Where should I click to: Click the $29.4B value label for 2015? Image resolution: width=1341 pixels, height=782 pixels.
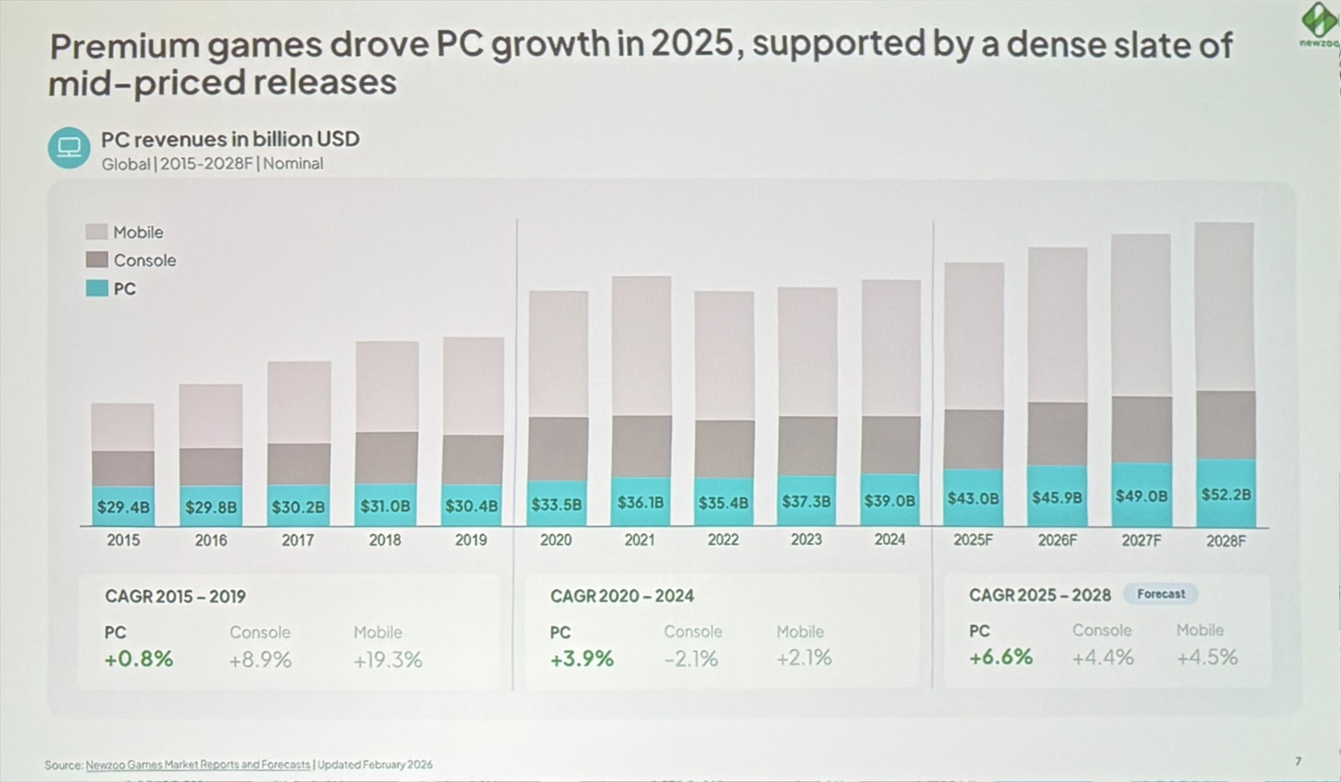[123, 507]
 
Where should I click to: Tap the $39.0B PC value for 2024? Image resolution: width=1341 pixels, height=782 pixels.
[889, 501]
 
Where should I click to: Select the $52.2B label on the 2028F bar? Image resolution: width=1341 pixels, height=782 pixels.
[1226, 495]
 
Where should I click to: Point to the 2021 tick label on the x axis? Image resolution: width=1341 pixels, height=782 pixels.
[639, 540]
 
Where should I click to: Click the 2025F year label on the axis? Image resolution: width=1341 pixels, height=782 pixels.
[973, 540]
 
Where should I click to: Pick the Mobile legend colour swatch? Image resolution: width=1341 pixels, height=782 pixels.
[96, 232]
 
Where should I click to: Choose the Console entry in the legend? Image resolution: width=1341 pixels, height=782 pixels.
[145, 261]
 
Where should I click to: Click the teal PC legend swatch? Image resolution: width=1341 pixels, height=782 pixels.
[96, 289]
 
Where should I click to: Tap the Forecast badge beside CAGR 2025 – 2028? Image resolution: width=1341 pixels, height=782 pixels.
[1160, 594]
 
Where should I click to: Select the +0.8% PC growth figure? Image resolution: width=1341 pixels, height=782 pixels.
[138, 659]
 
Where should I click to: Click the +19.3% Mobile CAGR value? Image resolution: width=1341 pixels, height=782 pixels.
[388, 660]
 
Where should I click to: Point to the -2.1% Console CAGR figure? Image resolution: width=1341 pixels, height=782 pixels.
[691, 658]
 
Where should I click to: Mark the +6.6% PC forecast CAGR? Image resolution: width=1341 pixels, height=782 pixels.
[1000, 657]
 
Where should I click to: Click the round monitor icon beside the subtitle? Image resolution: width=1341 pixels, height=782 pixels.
[69, 147]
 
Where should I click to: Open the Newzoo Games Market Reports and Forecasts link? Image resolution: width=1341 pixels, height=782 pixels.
[198, 765]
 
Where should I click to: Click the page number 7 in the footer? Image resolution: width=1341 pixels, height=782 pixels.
[1298, 761]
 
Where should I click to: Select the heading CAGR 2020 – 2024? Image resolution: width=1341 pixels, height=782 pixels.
[622, 596]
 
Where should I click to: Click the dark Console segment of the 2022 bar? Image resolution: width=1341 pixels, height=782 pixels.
[724, 449]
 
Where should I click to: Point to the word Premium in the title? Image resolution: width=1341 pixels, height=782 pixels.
[124, 46]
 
